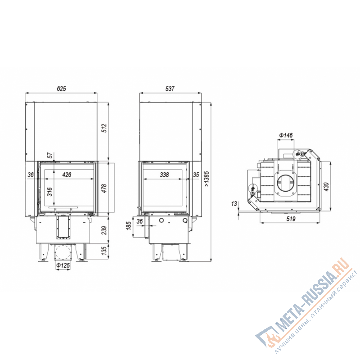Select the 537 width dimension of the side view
(x=170, y=89)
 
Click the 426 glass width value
(x=67, y=175)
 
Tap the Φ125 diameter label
(x=63, y=266)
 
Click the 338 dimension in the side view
(x=164, y=175)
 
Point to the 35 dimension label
(x=196, y=175)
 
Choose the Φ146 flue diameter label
(x=286, y=135)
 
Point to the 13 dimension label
(x=234, y=204)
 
